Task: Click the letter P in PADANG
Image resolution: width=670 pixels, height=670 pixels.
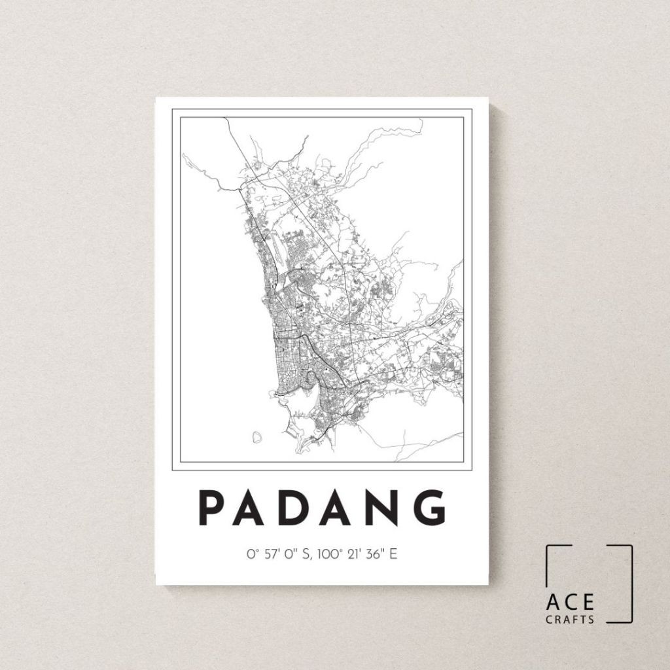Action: pos(212,508)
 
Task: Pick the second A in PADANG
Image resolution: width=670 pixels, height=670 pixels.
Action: pos(345,508)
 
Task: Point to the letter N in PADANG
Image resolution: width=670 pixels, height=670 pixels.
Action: pos(391,508)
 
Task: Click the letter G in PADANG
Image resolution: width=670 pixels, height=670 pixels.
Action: pos(435,508)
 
